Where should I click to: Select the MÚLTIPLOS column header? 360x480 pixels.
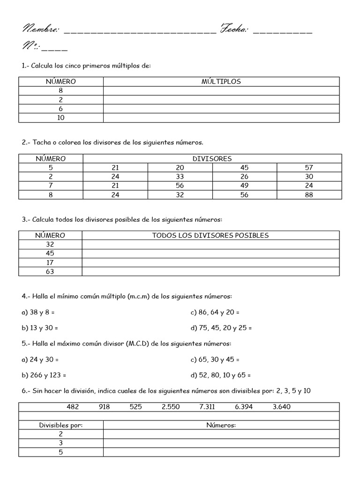click(x=221, y=82)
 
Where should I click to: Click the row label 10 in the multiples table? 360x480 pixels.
click(x=61, y=118)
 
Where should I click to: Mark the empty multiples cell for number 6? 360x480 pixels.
click(x=221, y=109)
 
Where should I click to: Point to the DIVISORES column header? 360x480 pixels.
click(x=212, y=159)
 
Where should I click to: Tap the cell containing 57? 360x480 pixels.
click(x=308, y=168)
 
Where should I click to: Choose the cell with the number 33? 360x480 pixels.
click(x=180, y=177)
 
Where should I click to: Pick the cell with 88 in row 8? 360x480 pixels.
click(x=308, y=195)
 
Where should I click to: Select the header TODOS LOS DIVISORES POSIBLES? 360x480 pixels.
click(x=210, y=235)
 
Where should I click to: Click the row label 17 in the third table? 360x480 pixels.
click(x=51, y=262)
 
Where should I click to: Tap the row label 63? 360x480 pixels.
click(x=51, y=271)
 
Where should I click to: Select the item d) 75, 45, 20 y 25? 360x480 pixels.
click(x=221, y=328)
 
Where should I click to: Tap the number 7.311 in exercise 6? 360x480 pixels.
click(x=207, y=407)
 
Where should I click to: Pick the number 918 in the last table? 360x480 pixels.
click(x=104, y=407)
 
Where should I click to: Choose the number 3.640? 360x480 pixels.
click(x=281, y=407)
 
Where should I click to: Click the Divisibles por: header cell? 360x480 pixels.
click(x=61, y=425)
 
